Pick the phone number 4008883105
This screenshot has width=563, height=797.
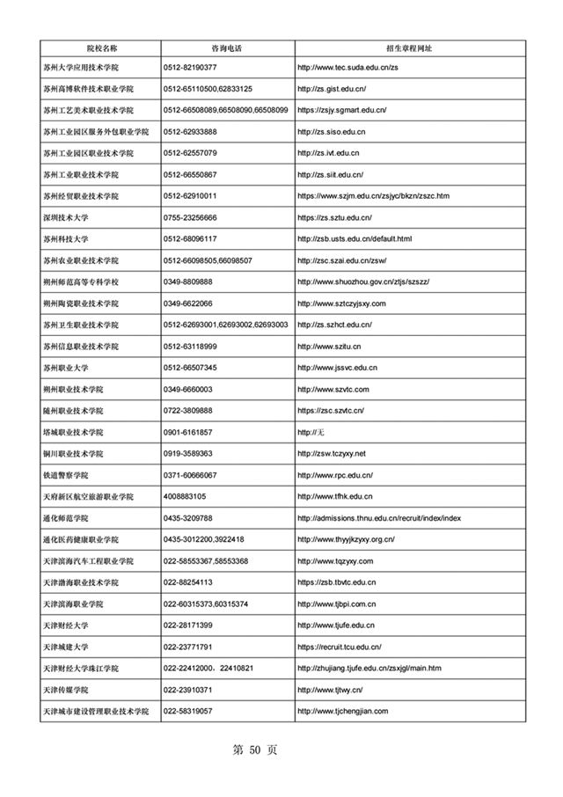tap(185, 496)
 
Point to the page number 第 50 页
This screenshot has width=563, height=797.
tap(254, 749)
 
